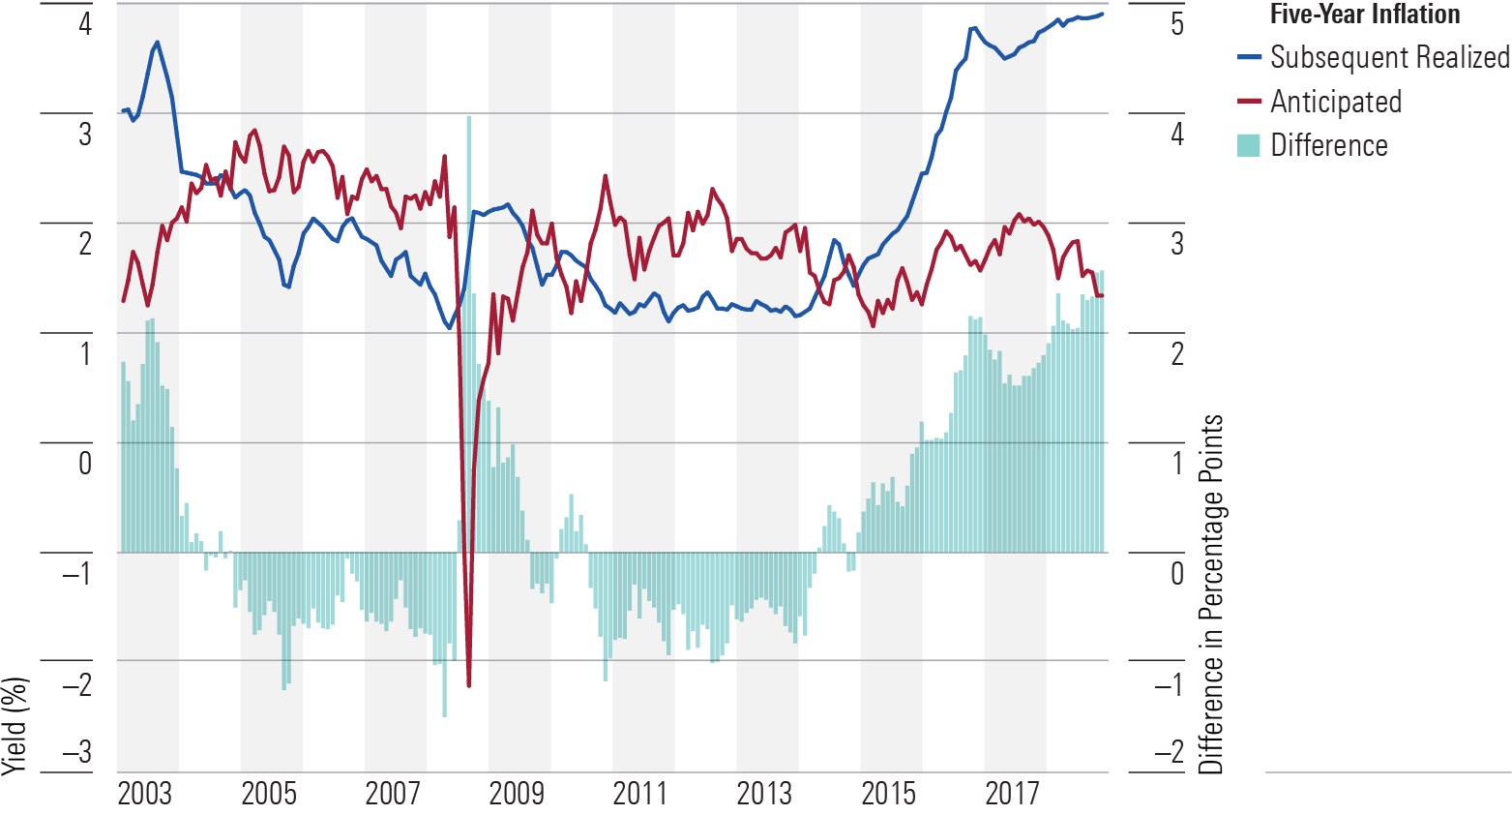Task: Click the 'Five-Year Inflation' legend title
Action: [x=1365, y=15]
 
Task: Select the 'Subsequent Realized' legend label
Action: [x=1389, y=57]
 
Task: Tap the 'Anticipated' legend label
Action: [x=1335, y=102]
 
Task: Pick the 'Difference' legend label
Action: [x=1328, y=145]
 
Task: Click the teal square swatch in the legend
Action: [x=1249, y=145]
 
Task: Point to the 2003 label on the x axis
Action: [x=145, y=794]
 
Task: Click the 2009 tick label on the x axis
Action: [x=517, y=794]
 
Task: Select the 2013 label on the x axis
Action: [x=764, y=794]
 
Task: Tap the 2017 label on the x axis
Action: [x=1012, y=794]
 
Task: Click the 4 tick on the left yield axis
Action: [x=85, y=23]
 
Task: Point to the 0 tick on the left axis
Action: [x=85, y=463]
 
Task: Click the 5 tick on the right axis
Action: [x=1177, y=23]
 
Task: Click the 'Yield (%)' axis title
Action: [x=15, y=726]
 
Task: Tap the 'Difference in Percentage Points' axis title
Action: [x=1211, y=594]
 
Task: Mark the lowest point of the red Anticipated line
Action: [x=469, y=685]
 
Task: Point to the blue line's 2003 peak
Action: [x=158, y=43]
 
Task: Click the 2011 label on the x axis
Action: [x=640, y=794]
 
